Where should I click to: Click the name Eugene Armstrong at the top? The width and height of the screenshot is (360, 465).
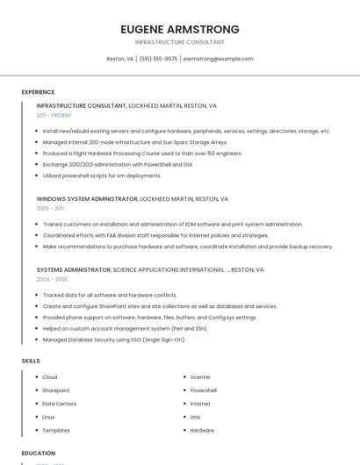(180, 29)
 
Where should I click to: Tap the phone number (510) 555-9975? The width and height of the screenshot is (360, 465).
(158, 59)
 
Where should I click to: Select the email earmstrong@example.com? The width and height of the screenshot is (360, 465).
(218, 59)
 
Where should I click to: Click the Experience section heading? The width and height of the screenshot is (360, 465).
(38, 92)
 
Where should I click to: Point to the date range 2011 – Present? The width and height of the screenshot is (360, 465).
(54, 115)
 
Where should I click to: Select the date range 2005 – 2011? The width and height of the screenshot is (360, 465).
(50, 209)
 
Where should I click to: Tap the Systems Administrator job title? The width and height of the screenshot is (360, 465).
(74, 270)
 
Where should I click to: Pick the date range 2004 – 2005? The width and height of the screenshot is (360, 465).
(52, 280)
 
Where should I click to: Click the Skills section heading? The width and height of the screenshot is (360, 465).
(31, 361)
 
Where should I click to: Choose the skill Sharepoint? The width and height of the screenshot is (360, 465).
(55, 390)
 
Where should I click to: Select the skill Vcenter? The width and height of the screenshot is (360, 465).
(200, 377)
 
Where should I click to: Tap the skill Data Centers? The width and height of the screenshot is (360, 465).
(60, 404)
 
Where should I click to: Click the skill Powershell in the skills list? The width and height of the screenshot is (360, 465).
(203, 390)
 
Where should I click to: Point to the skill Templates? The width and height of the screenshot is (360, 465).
(55, 430)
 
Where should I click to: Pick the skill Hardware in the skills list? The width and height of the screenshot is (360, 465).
(202, 430)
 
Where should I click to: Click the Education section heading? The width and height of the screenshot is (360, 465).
(38, 454)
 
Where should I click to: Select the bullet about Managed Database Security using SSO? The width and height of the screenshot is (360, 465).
(114, 340)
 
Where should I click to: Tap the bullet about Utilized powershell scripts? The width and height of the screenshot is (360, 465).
(102, 175)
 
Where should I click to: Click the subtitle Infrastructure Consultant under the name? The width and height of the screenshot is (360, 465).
(180, 42)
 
